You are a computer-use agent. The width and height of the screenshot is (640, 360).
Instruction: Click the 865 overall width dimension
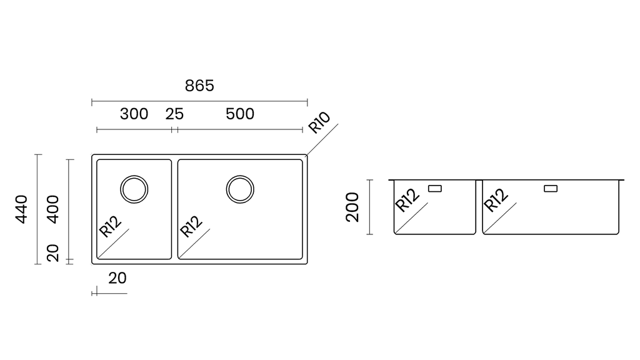click(199, 86)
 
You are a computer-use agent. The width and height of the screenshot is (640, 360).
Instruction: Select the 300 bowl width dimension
click(134, 114)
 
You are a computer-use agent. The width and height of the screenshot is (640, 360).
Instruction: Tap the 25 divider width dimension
click(174, 114)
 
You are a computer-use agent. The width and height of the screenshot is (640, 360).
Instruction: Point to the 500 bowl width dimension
click(240, 114)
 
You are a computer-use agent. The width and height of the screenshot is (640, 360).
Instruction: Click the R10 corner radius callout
click(319, 122)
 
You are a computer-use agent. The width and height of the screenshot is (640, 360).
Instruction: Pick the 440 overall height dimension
click(21, 209)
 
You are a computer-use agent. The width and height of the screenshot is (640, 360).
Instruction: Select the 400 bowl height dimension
click(53, 209)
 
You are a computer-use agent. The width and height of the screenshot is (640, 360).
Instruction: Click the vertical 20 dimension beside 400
click(53, 253)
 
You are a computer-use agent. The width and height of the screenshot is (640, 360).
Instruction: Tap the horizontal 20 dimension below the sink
click(117, 278)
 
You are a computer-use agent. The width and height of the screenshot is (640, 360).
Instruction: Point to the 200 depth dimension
click(352, 207)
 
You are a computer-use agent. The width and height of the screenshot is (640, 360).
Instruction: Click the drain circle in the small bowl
click(134, 189)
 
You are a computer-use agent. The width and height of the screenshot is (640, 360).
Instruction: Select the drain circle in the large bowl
click(240, 189)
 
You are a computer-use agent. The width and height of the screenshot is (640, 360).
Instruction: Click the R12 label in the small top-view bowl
click(110, 226)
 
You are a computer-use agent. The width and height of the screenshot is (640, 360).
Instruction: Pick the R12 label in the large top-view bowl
click(191, 226)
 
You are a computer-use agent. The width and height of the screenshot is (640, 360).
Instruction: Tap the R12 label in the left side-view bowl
click(407, 200)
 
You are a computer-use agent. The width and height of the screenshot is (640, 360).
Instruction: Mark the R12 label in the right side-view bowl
click(496, 200)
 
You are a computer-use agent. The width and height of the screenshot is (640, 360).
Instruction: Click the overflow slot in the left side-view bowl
click(435, 189)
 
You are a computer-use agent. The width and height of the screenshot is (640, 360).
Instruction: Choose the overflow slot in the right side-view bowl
click(551, 189)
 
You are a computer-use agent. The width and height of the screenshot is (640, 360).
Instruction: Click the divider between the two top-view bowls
click(175, 209)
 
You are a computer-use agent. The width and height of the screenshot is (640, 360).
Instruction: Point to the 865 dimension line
click(199, 102)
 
